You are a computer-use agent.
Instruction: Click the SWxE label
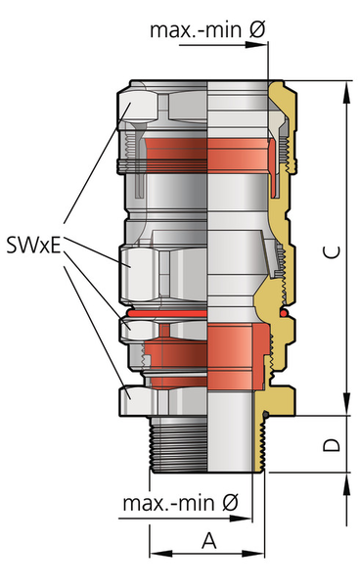click(33, 246)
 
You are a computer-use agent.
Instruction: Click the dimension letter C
click(332, 252)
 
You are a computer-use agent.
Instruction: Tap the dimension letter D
click(332, 444)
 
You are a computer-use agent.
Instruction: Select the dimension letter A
click(209, 541)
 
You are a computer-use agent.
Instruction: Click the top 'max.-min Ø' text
click(207, 29)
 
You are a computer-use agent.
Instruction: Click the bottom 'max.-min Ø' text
click(180, 503)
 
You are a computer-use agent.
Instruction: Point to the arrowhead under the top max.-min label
click(256, 45)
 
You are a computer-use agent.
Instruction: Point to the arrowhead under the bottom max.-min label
click(241, 519)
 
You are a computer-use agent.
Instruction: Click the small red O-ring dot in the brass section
click(285, 312)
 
